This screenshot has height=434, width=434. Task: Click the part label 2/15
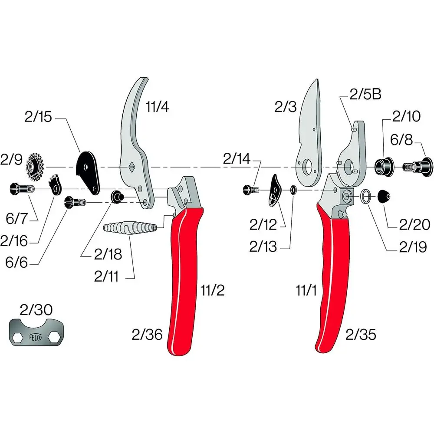pyautogui.click(x=38, y=117)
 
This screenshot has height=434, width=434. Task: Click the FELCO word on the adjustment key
pyautogui.click(x=36, y=337)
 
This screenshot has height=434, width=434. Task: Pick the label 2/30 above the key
pyautogui.click(x=36, y=309)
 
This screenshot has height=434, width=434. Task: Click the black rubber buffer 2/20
pyautogui.click(x=385, y=197)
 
